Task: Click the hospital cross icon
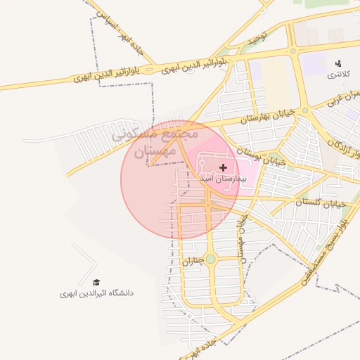tap(224, 167)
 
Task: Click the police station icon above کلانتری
tap(339, 63)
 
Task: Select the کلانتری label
tap(338, 74)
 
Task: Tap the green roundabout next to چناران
tap(210, 259)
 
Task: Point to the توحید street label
tap(254, 42)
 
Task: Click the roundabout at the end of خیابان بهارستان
tap(305, 110)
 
